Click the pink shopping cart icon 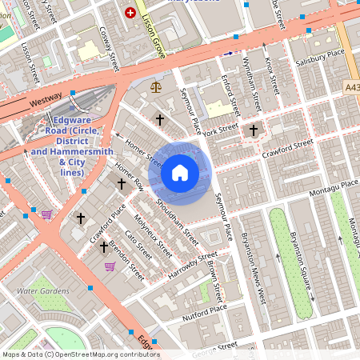click(x=46, y=214)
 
